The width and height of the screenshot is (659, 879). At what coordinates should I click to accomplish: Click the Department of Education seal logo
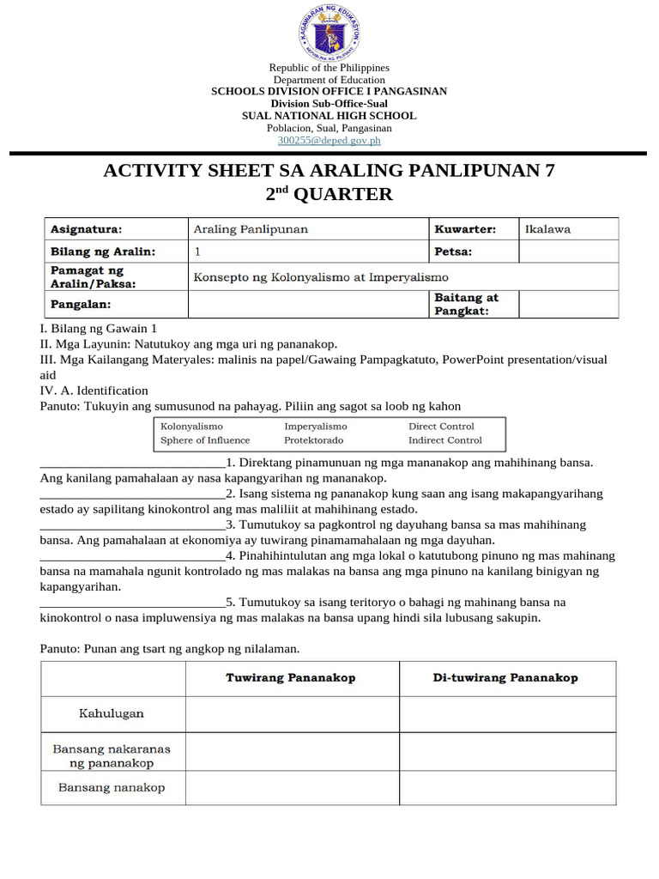(x=329, y=32)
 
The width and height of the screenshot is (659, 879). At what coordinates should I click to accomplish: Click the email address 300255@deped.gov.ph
(x=329, y=140)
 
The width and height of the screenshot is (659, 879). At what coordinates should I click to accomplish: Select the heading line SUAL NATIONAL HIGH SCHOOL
(x=329, y=116)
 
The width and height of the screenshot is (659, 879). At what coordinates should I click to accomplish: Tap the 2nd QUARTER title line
(x=329, y=195)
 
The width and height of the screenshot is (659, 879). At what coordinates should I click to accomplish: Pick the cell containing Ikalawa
(x=568, y=229)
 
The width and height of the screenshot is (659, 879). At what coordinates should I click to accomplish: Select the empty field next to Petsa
(x=568, y=252)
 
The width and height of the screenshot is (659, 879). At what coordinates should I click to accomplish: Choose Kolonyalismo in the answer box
(x=191, y=427)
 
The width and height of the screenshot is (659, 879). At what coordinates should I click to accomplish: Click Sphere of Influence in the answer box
(x=205, y=440)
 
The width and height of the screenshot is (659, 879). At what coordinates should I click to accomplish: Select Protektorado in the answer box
(x=313, y=440)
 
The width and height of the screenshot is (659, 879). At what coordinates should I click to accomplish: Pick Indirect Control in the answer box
(x=444, y=440)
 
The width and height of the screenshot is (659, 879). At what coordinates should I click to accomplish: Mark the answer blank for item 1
(x=133, y=463)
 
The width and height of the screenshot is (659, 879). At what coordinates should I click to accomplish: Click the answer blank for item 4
(x=133, y=556)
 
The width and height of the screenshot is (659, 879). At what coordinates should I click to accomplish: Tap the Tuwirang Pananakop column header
(x=291, y=678)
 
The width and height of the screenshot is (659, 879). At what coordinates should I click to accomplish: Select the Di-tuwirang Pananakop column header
(x=506, y=678)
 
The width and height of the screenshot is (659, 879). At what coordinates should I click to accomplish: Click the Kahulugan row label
(x=112, y=713)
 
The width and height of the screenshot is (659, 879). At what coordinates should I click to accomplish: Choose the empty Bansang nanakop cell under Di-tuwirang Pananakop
(x=506, y=787)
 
